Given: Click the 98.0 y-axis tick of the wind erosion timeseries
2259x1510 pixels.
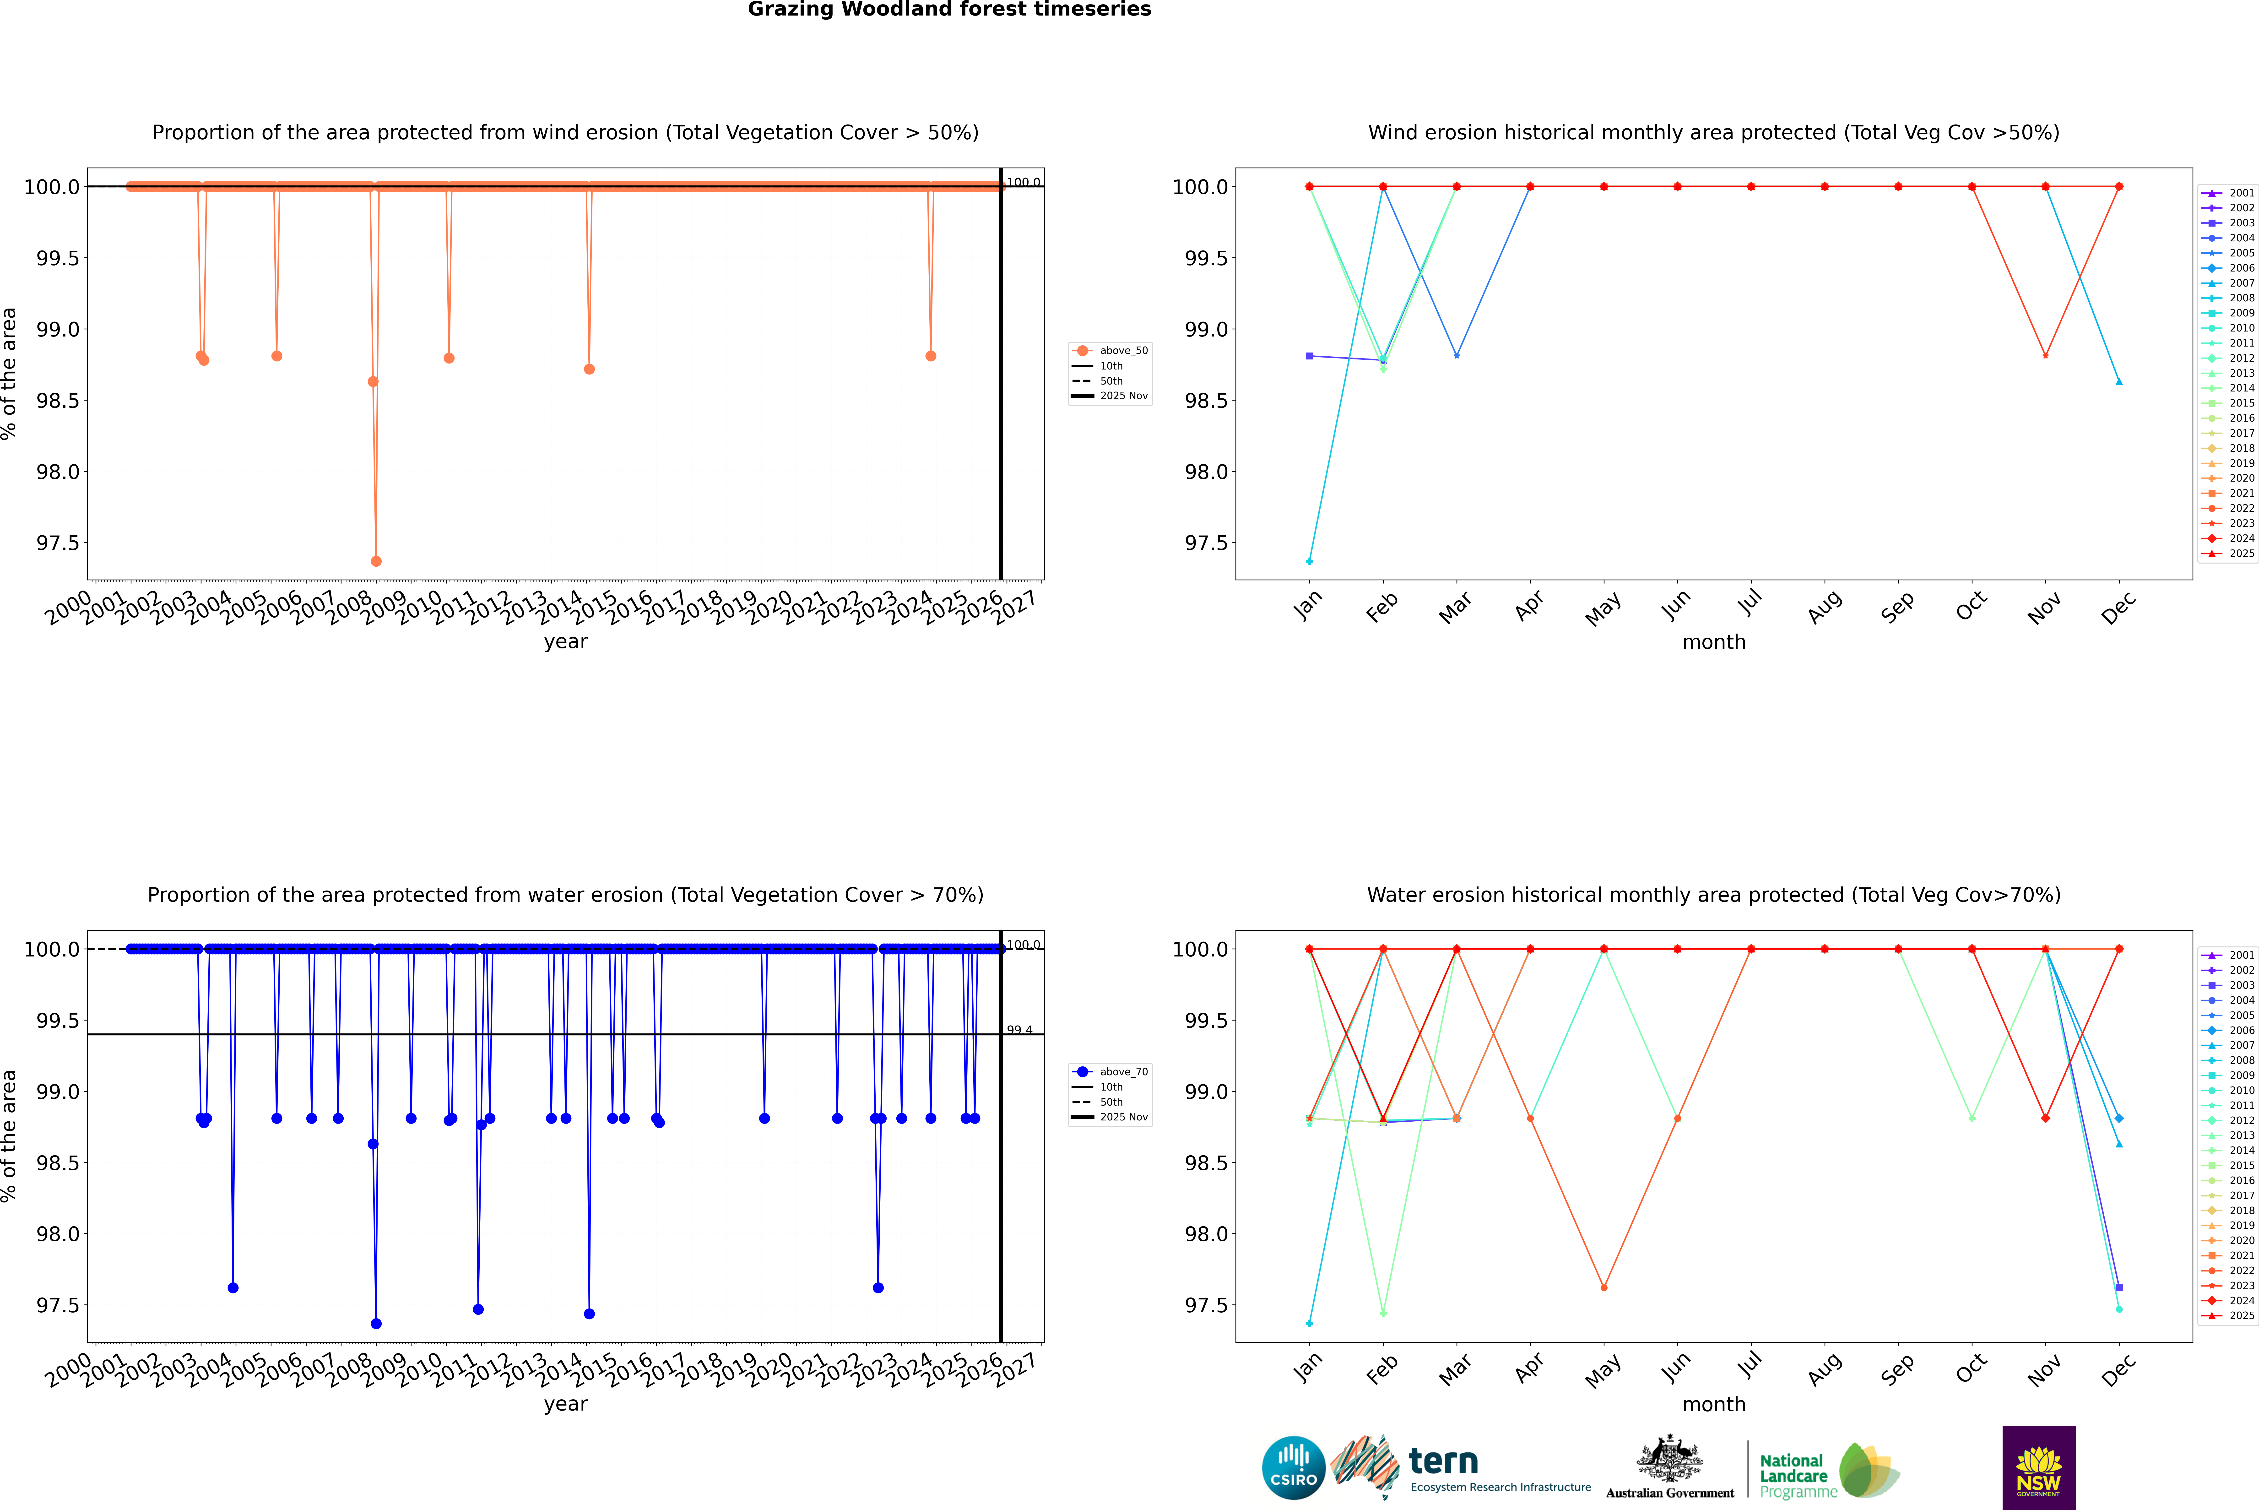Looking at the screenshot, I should (x=58, y=472).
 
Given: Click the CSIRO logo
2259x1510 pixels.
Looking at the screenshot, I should (x=1293, y=1468).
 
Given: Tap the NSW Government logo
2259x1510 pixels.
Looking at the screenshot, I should (x=2038, y=1468).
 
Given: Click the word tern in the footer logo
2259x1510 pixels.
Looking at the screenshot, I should (x=1442, y=1461).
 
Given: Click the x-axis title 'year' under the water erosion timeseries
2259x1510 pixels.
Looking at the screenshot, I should (x=565, y=1404).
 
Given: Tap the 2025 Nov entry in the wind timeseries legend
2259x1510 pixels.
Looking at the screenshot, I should (x=1123, y=396).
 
